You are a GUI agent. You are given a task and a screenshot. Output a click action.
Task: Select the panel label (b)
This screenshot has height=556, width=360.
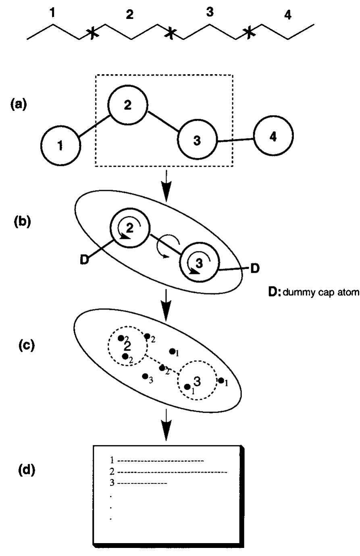click(19, 222)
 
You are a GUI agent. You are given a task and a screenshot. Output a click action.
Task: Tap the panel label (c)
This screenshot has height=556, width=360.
click(19, 345)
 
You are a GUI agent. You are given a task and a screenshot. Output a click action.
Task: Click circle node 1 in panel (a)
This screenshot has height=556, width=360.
click(60, 146)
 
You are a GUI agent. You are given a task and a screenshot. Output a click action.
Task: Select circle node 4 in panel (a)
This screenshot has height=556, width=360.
click(273, 137)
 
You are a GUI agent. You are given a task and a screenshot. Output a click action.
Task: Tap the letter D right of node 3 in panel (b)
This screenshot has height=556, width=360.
click(255, 268)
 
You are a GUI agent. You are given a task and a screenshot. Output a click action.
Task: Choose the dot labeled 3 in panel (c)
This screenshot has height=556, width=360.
click(144, 376)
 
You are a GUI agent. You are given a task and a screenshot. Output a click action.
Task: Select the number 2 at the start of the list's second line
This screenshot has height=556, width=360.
click(112, 471)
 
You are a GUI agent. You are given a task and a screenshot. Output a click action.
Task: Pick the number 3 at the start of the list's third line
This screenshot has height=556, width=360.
click(112, 482)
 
